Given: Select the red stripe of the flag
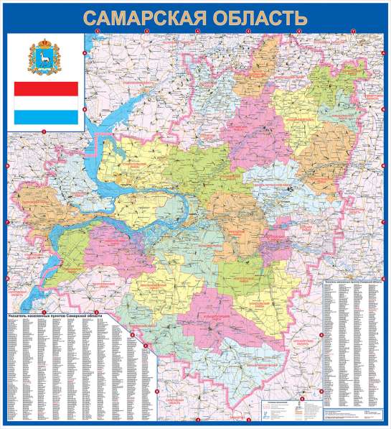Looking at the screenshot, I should coord(47,89).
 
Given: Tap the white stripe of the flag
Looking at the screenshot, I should coord(47,103).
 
